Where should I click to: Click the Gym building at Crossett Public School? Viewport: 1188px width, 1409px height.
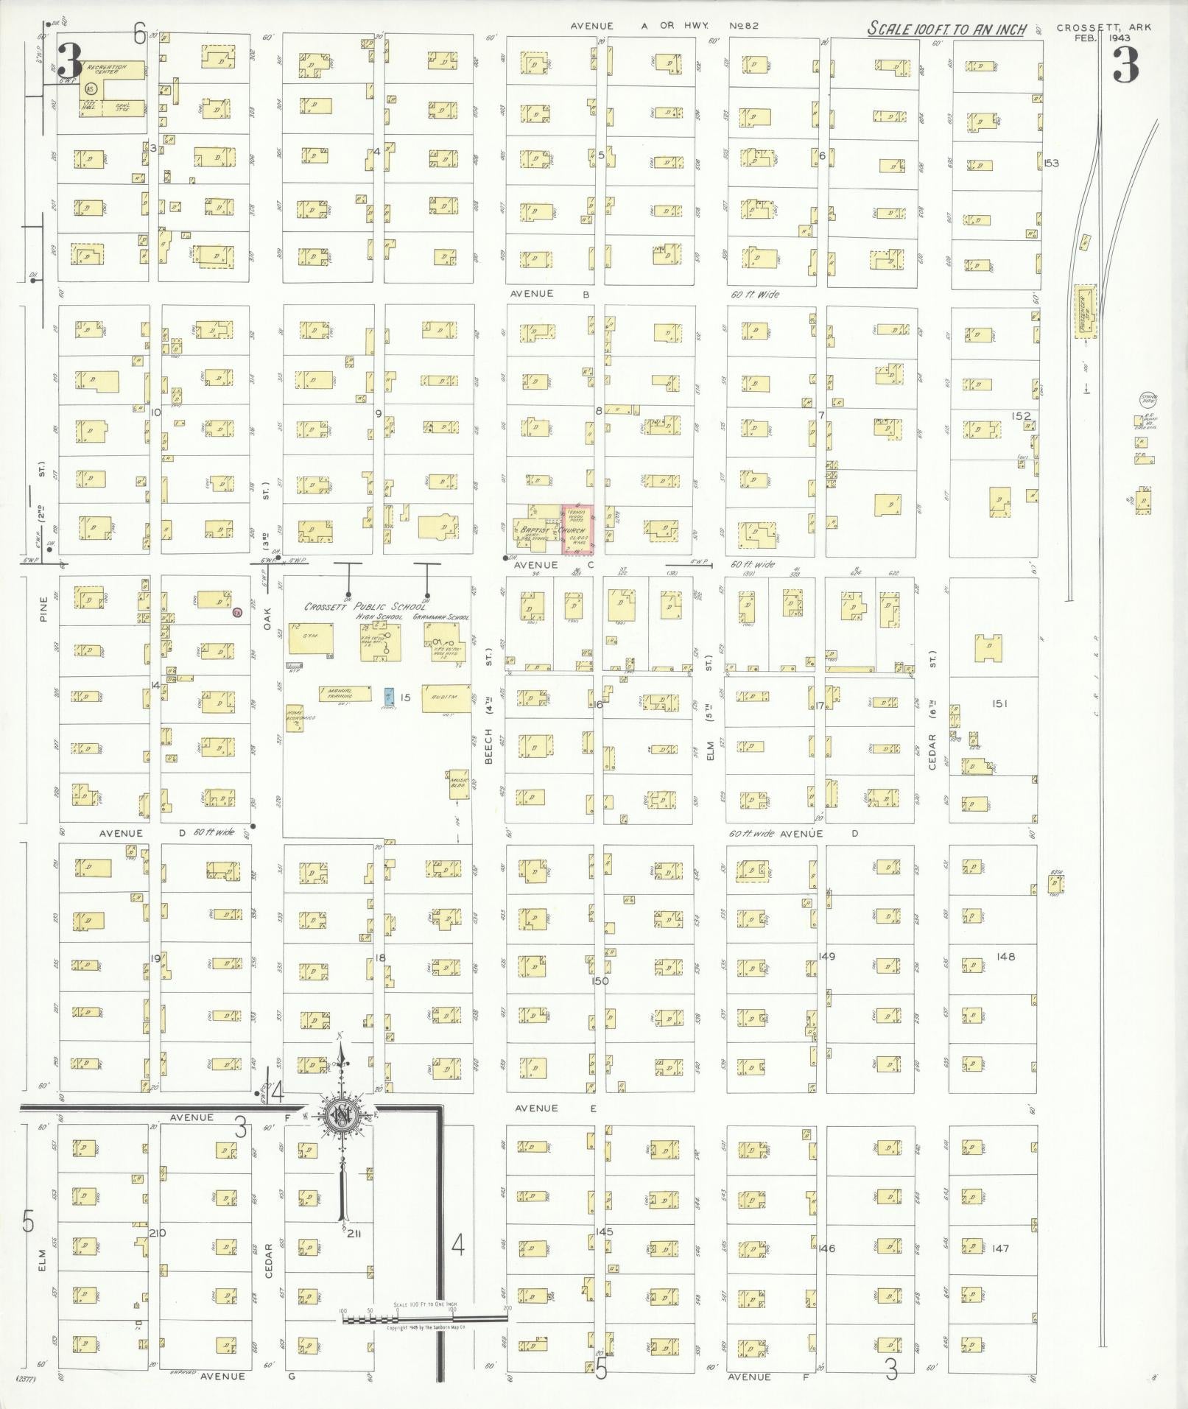[x=309, y=638]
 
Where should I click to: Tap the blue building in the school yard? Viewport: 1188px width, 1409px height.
[x=388, y=696]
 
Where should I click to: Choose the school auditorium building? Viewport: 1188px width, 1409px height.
[x=446, y=698]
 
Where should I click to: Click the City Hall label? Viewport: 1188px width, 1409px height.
[x=91, y=108]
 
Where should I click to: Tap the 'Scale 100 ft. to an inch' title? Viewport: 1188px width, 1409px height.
[x=946, y=29]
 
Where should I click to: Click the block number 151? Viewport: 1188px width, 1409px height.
[x=999, y=704]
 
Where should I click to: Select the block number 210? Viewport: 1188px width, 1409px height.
[x=157, y=1233]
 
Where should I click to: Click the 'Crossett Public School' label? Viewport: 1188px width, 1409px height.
[x=365, y=607]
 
